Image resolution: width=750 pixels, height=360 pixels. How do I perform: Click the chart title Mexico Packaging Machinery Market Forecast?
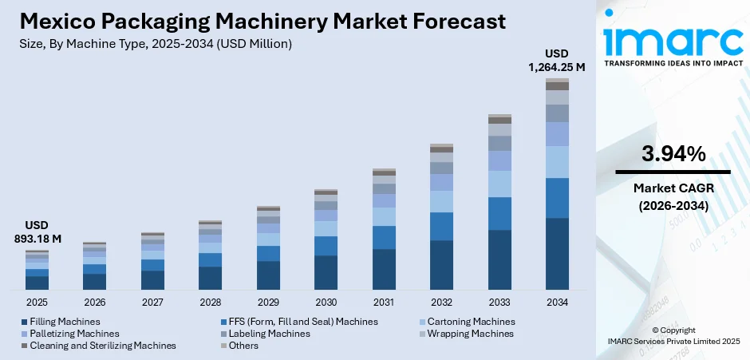(261, 22)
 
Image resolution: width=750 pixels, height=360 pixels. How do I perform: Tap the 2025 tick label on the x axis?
(37, 303)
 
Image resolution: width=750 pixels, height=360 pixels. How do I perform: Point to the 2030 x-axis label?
(326, 303)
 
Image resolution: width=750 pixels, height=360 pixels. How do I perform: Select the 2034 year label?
(557, 303)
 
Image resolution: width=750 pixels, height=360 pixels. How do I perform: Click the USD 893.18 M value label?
(37, 231)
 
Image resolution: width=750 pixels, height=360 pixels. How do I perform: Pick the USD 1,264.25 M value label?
(556, 61)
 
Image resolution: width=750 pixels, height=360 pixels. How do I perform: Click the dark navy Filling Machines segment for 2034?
(557, 253)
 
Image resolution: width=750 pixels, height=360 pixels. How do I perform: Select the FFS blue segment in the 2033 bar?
(499, 213)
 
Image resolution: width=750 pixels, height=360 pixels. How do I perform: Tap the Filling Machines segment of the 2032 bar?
(441, 264)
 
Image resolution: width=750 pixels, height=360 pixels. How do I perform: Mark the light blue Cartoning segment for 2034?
(557, 162)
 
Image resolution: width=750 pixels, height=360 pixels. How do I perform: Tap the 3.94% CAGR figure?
(673, 154)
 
